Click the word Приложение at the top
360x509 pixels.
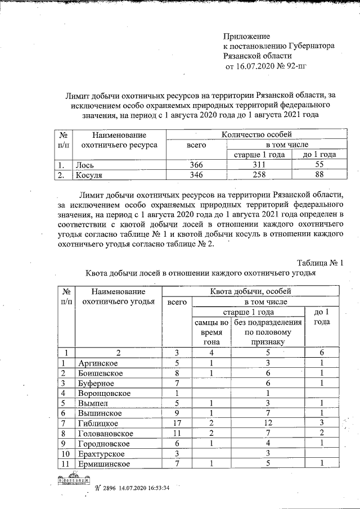pos(246,36)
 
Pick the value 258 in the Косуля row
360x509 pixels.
pos(258,175)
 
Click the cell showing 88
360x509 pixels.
pos(319,175)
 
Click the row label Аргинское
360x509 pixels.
pos(99,363)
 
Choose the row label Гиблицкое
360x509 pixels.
pos(98,423)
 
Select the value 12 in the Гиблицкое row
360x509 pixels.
pos(268,423)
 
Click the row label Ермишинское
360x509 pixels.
pos(105,463)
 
